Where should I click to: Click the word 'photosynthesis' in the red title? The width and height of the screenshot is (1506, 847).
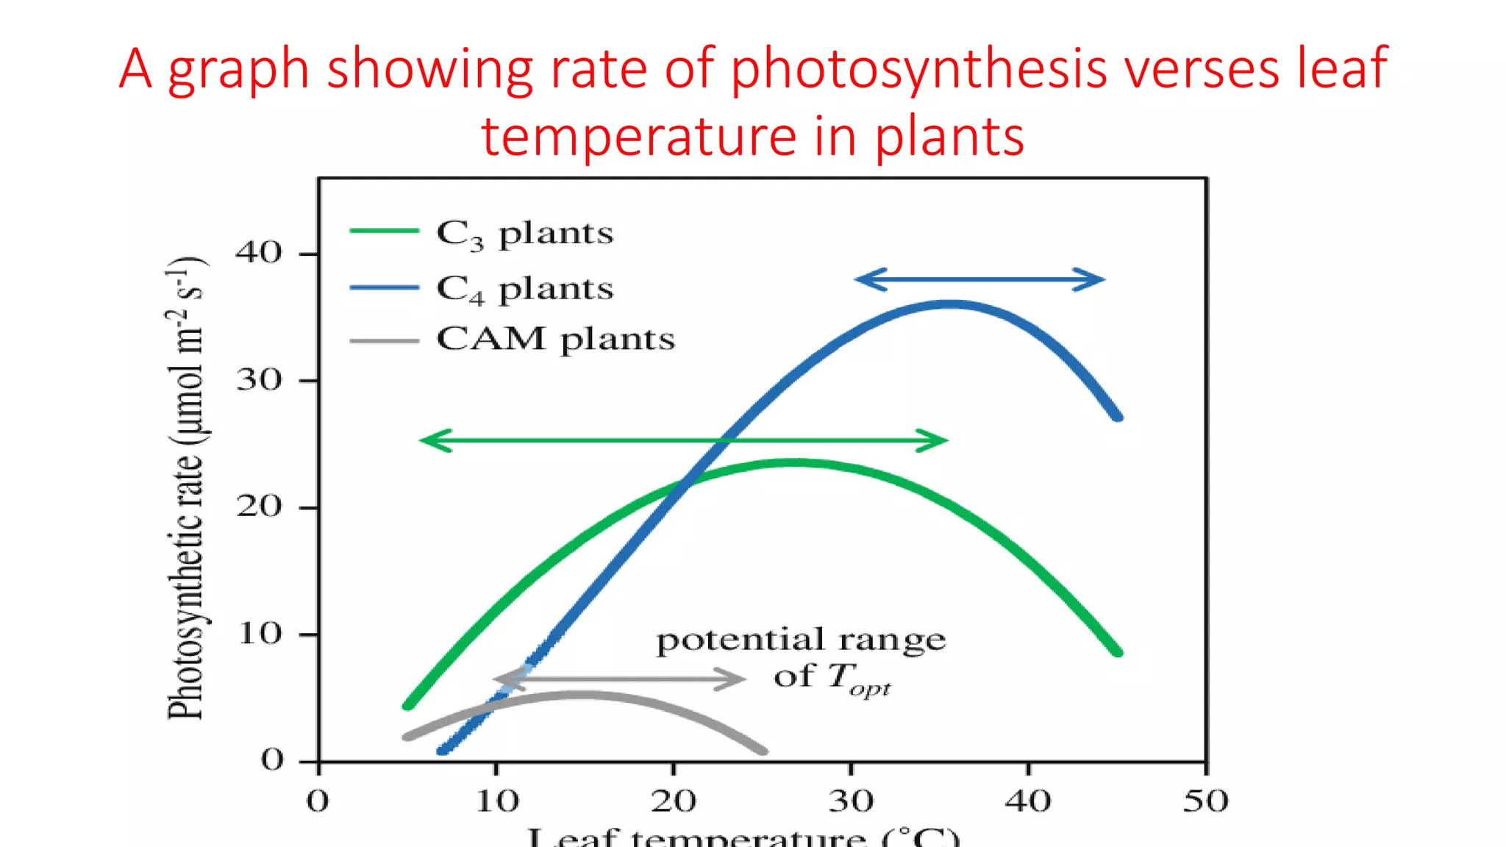[920, 68]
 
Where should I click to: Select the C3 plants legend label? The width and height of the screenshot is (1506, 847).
[524, 234]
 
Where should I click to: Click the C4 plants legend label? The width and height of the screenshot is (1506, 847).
[524, 289]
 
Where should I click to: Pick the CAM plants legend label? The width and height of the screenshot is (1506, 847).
[555, 340]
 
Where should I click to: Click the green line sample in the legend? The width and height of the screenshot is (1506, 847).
[384, 231]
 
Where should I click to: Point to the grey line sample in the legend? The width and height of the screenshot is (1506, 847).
[384, 341]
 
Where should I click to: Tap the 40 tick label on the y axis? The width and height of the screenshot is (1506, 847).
[259, 253]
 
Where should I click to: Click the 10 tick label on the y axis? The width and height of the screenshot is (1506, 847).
[260, 634]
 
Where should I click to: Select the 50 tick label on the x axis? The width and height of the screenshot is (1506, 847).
[1205, 801]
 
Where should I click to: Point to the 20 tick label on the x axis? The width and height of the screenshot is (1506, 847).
[673, 801]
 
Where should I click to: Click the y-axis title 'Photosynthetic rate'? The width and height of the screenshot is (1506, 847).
[185, 489]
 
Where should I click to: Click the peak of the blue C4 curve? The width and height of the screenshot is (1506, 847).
[950, 304]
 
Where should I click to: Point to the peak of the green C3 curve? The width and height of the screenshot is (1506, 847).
[794, 462]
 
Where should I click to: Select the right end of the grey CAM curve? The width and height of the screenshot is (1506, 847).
[763, 751]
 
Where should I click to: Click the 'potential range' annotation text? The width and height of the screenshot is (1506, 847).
[801, 640]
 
